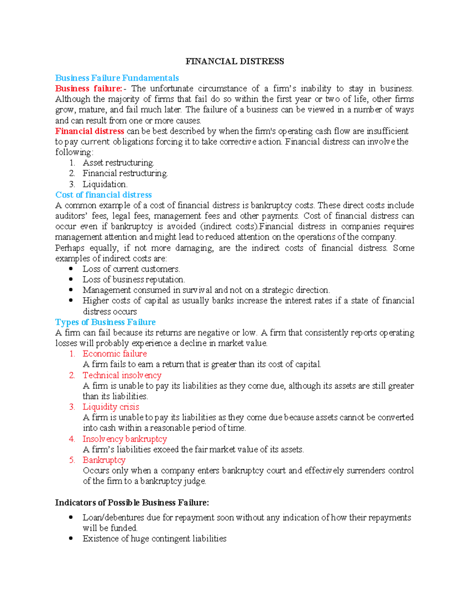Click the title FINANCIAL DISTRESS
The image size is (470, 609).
click(235, 62)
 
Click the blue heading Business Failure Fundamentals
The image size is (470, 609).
click(117, 78)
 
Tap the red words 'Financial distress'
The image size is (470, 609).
click(90, 131)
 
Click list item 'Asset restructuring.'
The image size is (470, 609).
click(118, 163)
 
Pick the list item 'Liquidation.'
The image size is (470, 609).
click(105, 184)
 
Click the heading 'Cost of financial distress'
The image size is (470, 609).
click(103, 195)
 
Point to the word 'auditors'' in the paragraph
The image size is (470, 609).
click(71, 216)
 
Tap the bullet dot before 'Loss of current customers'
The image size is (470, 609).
click(71, 269)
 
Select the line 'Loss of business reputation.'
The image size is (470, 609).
click(134, 280)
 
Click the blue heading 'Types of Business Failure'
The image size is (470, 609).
click(105, 322)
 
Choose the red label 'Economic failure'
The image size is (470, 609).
click(115, 354)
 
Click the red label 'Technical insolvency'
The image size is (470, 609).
click(122, 375)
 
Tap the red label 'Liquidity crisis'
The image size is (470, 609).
click(111, 407)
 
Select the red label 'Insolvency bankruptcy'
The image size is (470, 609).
click(125, 439)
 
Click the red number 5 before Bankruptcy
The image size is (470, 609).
click(72, 460)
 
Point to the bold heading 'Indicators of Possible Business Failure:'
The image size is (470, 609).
click(132, 503)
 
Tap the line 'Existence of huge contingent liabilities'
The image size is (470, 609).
click(154, 539)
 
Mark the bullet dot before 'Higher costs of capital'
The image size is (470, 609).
click(71, 300)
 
